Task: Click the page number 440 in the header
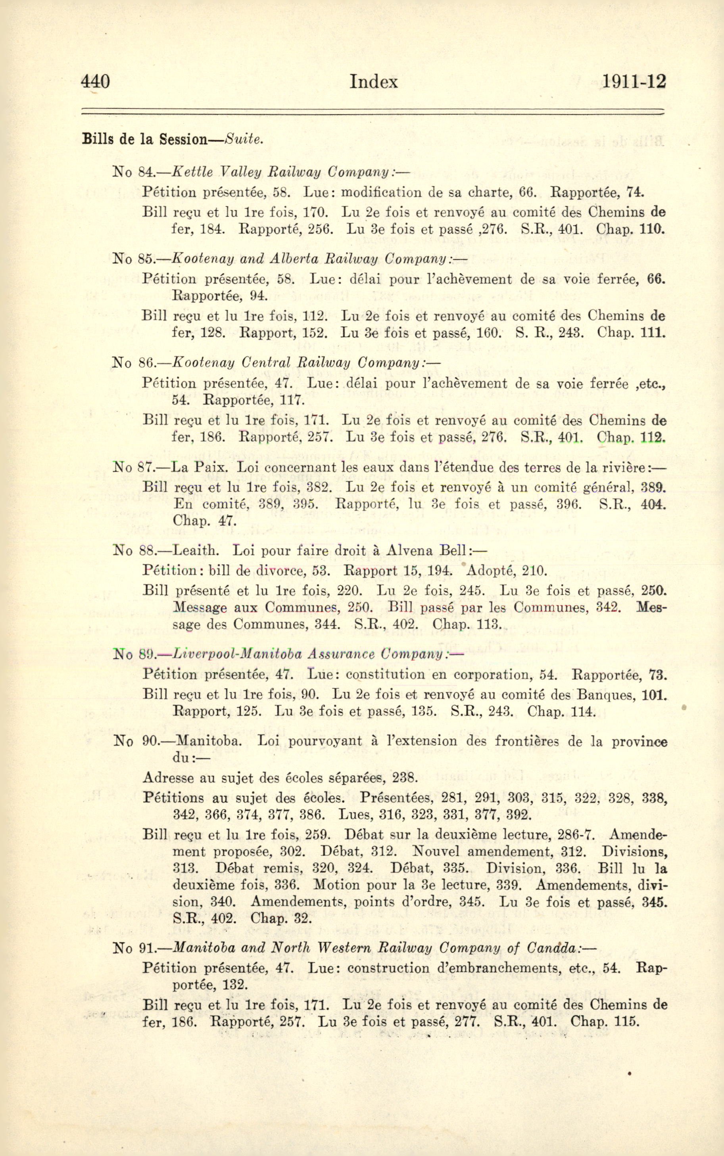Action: pyautogui.click(x=96, y=81)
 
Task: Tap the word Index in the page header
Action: pyautogui.click(x=373, y=82)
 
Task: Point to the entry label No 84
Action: pyautogui.click(x=132, y=171)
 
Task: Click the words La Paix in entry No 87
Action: pyautogui.click(x=199, y=467)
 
